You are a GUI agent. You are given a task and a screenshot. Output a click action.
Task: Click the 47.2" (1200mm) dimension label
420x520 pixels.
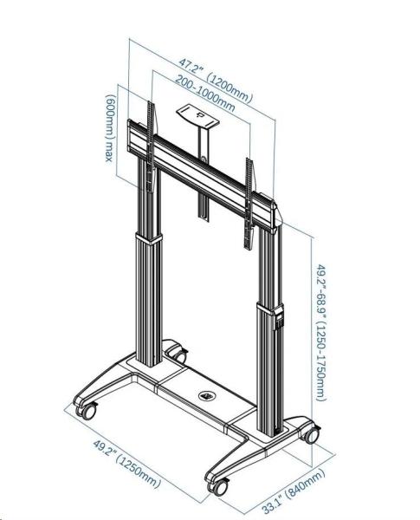[216, 80]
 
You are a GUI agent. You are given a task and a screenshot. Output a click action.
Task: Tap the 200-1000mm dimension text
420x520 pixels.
[205, 94]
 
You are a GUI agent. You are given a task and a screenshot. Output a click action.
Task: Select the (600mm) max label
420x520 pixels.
[111, 128]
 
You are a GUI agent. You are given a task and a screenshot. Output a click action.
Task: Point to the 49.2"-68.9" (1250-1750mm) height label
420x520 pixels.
[320, 332]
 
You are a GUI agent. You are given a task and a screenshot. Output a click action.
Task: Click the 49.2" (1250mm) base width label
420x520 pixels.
[127, 464]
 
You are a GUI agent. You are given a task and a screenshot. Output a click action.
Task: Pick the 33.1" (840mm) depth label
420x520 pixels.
[294, 491]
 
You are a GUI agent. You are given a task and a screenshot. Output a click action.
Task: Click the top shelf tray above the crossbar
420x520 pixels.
[197, 116]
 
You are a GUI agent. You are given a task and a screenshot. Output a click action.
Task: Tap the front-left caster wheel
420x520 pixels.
[87, 411]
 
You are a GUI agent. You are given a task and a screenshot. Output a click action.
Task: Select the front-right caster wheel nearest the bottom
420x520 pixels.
[218, 487]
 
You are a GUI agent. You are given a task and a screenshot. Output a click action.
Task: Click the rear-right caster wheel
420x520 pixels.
[311, 434]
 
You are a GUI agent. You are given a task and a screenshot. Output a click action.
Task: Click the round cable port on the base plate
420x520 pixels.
[207, 396]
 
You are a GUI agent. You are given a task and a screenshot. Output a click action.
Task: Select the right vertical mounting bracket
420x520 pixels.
[249, 204]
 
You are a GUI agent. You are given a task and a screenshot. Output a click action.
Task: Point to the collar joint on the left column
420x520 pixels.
[148, 238]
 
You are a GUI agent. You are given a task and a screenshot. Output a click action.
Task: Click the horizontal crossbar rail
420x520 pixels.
[201, 172]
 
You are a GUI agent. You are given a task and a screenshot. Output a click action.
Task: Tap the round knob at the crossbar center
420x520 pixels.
[203, 159]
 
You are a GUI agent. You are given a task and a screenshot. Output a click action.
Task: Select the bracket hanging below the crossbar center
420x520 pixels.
[204, 208]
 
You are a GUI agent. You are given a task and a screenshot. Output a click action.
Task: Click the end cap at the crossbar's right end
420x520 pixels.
[274, 217]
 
